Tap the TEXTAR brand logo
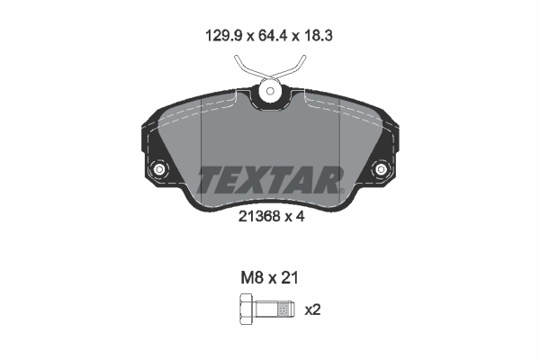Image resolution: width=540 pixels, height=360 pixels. click(x=270, y=179)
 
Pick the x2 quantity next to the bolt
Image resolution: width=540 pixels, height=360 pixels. click(x=313, y=310)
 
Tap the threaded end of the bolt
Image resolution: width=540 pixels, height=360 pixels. click(x=283, y=310)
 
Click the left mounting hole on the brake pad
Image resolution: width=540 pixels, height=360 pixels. click(x=160, y=170)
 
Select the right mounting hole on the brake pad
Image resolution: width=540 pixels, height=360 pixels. click(x=380, y=170)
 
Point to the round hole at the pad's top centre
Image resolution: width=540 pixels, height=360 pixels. click(x=270, y=91)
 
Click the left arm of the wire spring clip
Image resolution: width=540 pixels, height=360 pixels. click(x=243, y=67)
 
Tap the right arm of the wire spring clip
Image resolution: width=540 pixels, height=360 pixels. click(x=297, y=67)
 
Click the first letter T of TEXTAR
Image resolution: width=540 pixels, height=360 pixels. click(x=211, y=179)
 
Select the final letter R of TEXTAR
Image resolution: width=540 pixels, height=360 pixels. click(x=328, y=179)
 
